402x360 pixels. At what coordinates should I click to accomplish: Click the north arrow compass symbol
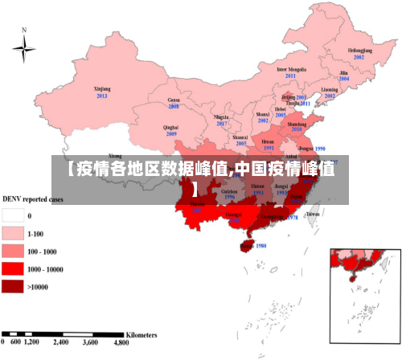[24, 48]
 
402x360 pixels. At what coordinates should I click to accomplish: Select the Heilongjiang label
[359, 50]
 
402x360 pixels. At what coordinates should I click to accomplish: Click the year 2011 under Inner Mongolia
[291, 76]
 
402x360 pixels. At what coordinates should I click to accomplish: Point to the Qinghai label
[170, 127]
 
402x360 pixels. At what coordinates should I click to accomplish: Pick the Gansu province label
[173, 100]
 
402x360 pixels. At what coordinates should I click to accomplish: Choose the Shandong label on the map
[297, 125]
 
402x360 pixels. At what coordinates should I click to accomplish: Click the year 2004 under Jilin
[344, 79]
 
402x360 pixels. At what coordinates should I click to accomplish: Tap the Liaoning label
[330, 89]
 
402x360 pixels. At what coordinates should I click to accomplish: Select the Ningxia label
[222, 117]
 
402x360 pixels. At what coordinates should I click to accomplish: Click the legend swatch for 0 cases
[13, 215]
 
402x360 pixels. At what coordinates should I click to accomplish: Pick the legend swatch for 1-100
[13, 233]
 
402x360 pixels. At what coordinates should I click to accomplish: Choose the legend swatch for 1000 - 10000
[13, 268]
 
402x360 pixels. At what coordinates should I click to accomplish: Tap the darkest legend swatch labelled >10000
[13, 286]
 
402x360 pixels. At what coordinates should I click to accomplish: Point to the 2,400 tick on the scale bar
[61, 342]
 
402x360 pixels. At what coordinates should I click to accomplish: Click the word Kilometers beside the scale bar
[142, 332]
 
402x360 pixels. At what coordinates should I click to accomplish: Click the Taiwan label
[313, 215]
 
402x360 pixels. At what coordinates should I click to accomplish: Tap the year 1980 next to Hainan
[260, 246]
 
